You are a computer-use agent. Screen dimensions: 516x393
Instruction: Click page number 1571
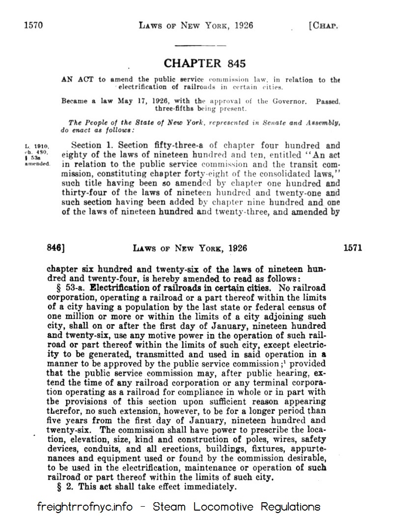[353, 248]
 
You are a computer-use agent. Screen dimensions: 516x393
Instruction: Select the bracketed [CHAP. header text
[324, 25]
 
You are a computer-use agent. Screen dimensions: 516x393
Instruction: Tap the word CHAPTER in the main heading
[192, 63]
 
